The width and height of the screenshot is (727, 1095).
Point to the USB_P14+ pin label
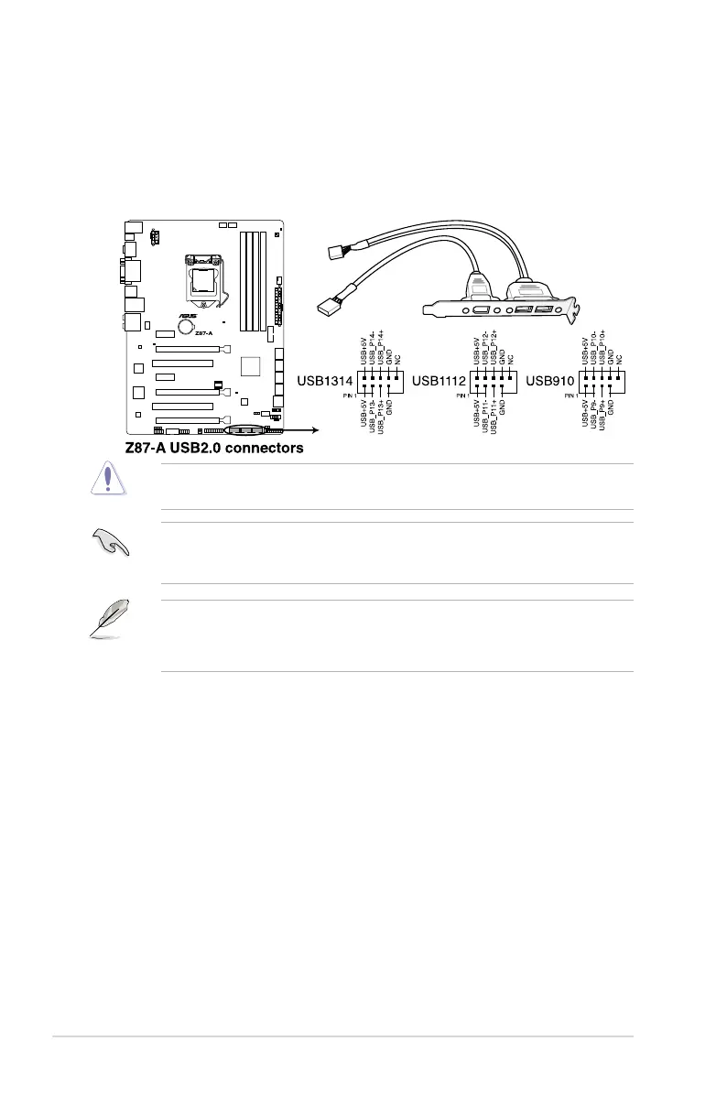pyautogui.click(x=382, y=349)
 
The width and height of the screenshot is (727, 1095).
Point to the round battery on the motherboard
pyautogui.click(x=187, y=323)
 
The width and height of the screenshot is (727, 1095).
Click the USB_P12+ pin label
pyautogui.click(x=494, y=346)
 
